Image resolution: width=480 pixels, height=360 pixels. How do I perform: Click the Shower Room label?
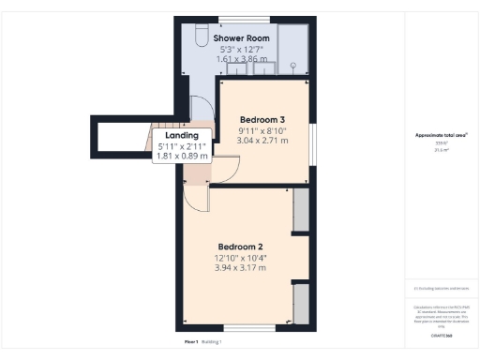click(x=242, y=38)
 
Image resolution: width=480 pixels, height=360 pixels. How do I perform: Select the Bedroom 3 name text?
click(x=262, y=120)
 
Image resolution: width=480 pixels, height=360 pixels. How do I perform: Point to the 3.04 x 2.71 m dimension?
click(x=262, y=141)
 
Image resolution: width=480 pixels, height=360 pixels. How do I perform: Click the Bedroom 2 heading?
click(x=241, y=247)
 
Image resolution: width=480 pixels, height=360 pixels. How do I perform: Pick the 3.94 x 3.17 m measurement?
click(x=241, y=267)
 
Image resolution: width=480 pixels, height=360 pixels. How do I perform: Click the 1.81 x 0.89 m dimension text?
click(x=182, y=156)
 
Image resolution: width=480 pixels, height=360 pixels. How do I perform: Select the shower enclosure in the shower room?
click(x=295, y=47)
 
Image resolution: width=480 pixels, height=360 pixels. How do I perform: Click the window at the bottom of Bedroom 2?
click(x=249, y=328)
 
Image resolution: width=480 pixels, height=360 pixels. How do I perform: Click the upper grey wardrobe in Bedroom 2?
click(x=301, y=210)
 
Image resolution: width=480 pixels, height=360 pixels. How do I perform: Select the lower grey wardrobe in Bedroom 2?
click(x=301, y=304)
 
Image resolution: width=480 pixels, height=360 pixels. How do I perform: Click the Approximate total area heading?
click(x=441, y=135)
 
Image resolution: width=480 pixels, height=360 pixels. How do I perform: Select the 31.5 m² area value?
click(x=441, y=150)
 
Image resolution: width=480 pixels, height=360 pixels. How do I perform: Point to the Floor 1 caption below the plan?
click(x=190, y=342)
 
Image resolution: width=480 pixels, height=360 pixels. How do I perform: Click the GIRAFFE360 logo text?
click(x=441, y=335)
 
